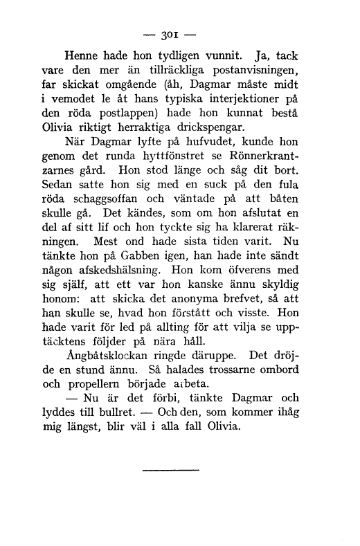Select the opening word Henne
(82, 55)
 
